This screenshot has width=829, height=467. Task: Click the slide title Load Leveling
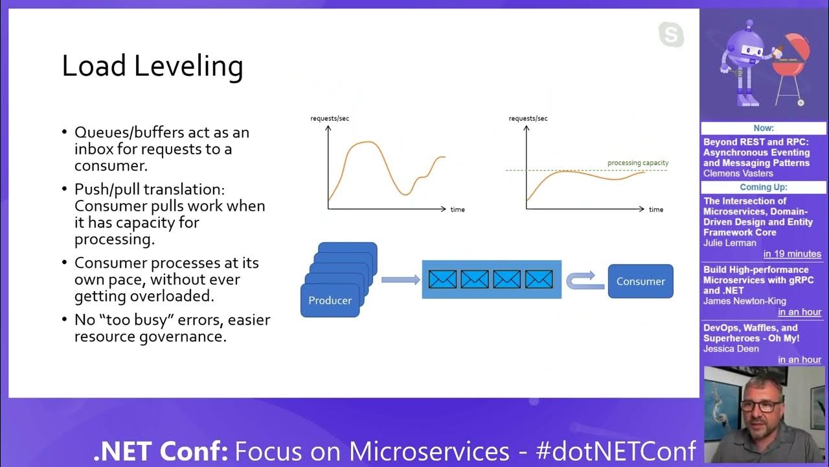coord(152,67)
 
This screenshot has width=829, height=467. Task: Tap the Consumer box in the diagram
coord(640,281)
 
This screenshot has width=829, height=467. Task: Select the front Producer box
coord(330,300)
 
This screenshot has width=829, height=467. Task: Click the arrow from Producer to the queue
coord(400,280)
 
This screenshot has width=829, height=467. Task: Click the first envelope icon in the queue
coord(442,280)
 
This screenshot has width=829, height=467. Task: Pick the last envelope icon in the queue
coord(539,280)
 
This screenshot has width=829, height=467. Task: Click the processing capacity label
coord(637,163)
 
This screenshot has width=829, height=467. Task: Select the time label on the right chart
coord(655,210)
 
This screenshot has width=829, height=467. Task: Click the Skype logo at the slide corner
coord(671,34)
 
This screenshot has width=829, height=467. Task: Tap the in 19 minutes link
coord(791,254)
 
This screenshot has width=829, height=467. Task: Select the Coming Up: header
coord(764,187)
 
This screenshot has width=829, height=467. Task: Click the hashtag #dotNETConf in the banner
coord(616,451)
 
